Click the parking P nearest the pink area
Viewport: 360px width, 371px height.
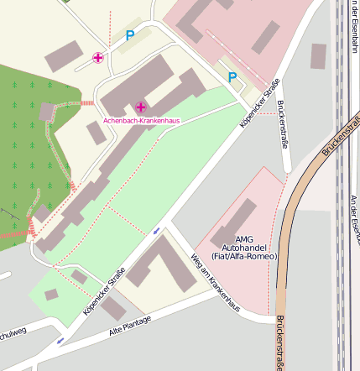click(x=232, y=76)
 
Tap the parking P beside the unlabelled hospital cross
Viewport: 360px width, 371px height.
click(x=129, y=35)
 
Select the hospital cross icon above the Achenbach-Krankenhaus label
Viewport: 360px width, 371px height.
click(x=140, y=107)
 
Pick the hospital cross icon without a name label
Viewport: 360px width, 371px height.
click(x=98, y=58)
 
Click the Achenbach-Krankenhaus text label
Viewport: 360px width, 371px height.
click(x=142, y=121)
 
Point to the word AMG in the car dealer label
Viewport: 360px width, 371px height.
click(x=243, y=239)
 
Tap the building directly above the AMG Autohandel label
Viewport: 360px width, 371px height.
click(x=233, y=222)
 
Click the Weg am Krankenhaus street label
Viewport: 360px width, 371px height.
click(x=216, y=283)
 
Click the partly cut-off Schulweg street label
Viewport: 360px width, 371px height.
click(x=13, y=332)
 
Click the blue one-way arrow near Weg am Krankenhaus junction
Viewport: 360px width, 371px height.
click(x=157, y=230)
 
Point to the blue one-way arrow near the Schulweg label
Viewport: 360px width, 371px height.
click(x=59, y=341)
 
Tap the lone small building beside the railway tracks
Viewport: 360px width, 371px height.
click(x=318, y=55)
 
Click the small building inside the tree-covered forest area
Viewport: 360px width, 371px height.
click(x=47, y=111)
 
